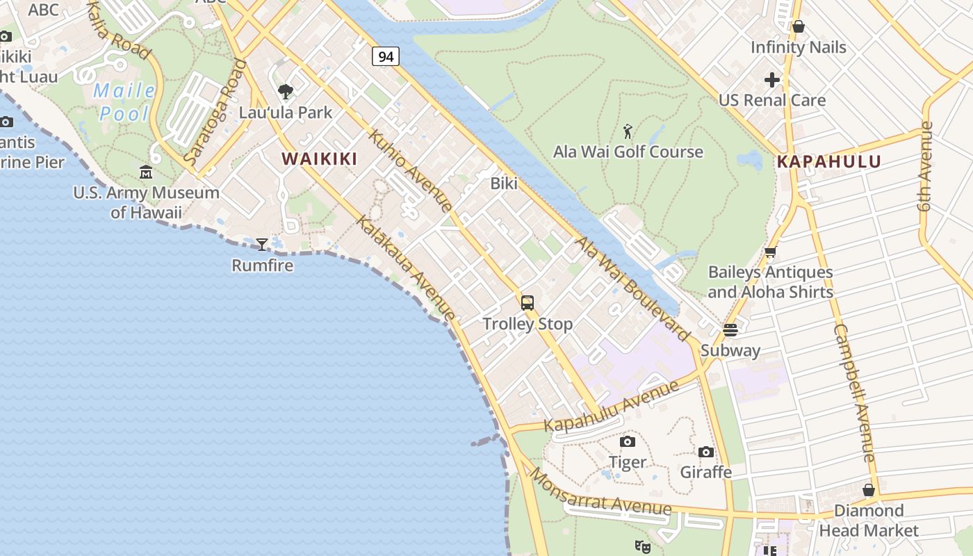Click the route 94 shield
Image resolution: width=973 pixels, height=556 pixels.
[x=386, y=56]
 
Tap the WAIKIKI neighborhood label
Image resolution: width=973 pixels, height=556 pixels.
[x=320, y=159]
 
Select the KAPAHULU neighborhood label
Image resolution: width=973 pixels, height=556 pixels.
[x=829, y=162]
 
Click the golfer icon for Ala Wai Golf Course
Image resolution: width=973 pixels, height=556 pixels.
[x=628, y=131]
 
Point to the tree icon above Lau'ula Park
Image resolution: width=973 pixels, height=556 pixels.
[x=285, y=91]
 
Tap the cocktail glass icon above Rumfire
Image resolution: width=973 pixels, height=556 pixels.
[x=262, y=244]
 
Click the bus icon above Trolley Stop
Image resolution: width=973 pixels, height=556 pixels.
[x=528, y=302]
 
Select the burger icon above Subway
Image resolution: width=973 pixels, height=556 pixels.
[x=730, y=329]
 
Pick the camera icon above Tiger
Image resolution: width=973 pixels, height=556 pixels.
[x=628, y=441]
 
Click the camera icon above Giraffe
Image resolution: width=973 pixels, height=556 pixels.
[x=706, y=452]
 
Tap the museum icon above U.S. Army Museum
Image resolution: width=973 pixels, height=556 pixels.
[x=146, y=172]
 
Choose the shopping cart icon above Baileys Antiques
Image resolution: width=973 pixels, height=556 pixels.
[x=770, y=252]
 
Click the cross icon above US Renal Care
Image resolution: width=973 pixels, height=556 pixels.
[x=772, y=80]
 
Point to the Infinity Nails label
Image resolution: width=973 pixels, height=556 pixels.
[x=799, y=47]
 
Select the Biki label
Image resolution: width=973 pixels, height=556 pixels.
[x=504, y=183]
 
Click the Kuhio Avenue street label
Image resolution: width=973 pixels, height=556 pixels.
[x=411, y=170]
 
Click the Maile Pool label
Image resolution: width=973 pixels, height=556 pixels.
[x=124, y=101]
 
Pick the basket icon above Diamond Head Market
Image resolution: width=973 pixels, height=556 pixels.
[x=869, y=490]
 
